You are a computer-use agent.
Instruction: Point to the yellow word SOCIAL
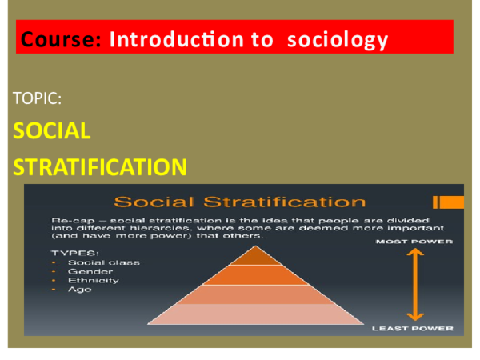click(52, 131)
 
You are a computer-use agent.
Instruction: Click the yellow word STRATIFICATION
click(101, 166)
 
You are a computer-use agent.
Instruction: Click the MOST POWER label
click(414, 241)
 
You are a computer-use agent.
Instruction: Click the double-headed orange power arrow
click(414, 284)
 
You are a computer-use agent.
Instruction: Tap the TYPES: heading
click(70, 251)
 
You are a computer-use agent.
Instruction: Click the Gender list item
click(85, 271)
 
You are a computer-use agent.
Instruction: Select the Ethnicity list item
click(93, 280)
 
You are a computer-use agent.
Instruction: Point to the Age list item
click(79, 290)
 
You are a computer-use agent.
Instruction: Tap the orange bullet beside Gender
click(54, 271)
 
